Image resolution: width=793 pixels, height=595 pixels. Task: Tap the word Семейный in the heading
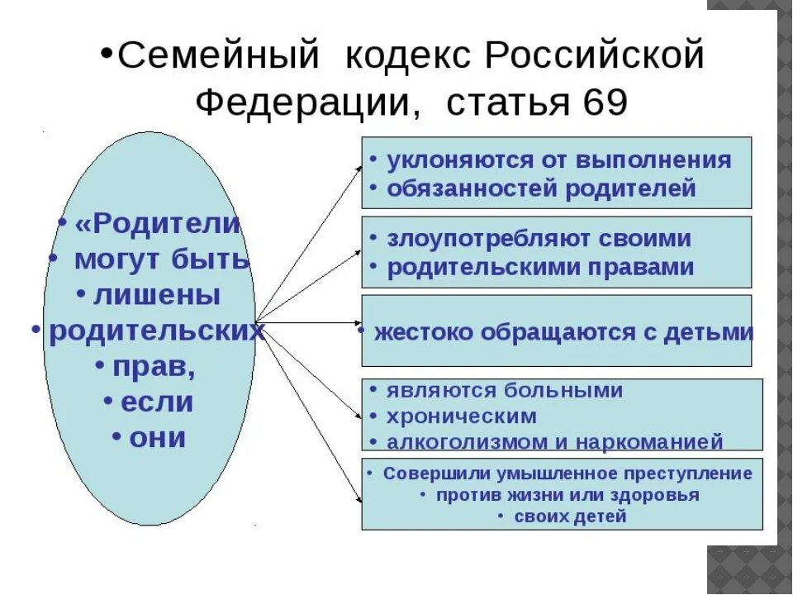click(x=219, y=57)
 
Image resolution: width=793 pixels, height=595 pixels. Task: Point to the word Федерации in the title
click(x=302, y=102)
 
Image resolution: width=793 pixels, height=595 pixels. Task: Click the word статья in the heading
click(x=503, y=102)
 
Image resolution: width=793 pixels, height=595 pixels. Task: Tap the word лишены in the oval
click(x=157, y=294)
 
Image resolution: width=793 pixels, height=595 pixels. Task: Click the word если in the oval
click(x=157, y=402)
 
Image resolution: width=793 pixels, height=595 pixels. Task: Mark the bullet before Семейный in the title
click(x=107, y=50)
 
